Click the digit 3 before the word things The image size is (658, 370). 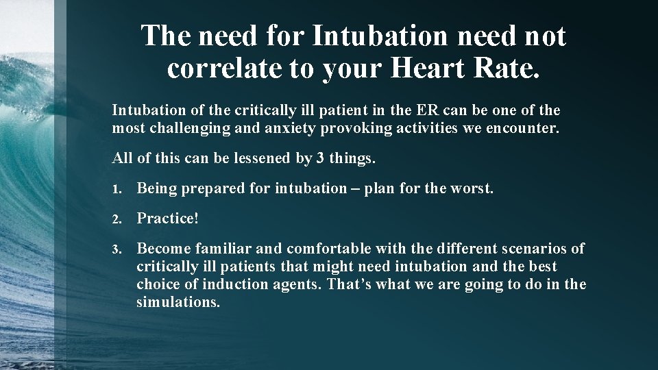[320, 158]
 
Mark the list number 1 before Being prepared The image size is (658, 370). [117, 189]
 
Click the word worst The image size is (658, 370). [472, 188]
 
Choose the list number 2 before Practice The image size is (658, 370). [117, 219]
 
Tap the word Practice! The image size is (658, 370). [168, 219]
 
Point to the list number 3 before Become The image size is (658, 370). [117, 249]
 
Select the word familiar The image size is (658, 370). [223, 249]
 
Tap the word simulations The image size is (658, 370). [178, 301]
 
